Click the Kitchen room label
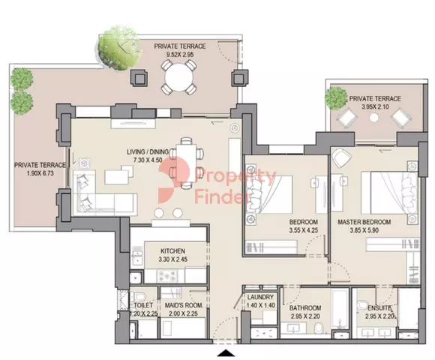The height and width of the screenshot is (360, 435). tap(172, 251)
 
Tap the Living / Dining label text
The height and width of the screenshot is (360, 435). tap(148, 151)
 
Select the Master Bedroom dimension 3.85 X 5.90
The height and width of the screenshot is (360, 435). tap(364, 230)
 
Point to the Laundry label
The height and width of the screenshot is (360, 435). tap(260, 297)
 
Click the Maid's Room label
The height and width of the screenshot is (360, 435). tap(184, 305)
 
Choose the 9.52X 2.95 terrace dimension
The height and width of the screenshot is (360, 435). tap(180, 54)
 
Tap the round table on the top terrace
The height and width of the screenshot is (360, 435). tap(179, 78)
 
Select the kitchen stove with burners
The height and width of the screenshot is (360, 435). tap(166, 276)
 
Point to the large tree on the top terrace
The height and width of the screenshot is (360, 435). tap(119, 48)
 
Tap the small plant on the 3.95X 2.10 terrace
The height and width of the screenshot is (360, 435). tap(336, 98)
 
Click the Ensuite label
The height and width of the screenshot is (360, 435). tap(379, 307)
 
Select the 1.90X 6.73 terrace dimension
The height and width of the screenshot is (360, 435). tap(40, 173)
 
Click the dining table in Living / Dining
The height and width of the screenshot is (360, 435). tap(187, 163)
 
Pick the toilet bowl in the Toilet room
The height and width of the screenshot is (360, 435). tap(138, 296)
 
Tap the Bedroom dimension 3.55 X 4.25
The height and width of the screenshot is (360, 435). tap(304, 230)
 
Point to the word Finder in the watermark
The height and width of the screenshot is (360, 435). tap(219, 197)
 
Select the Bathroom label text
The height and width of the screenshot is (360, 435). tap(305, 307)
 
